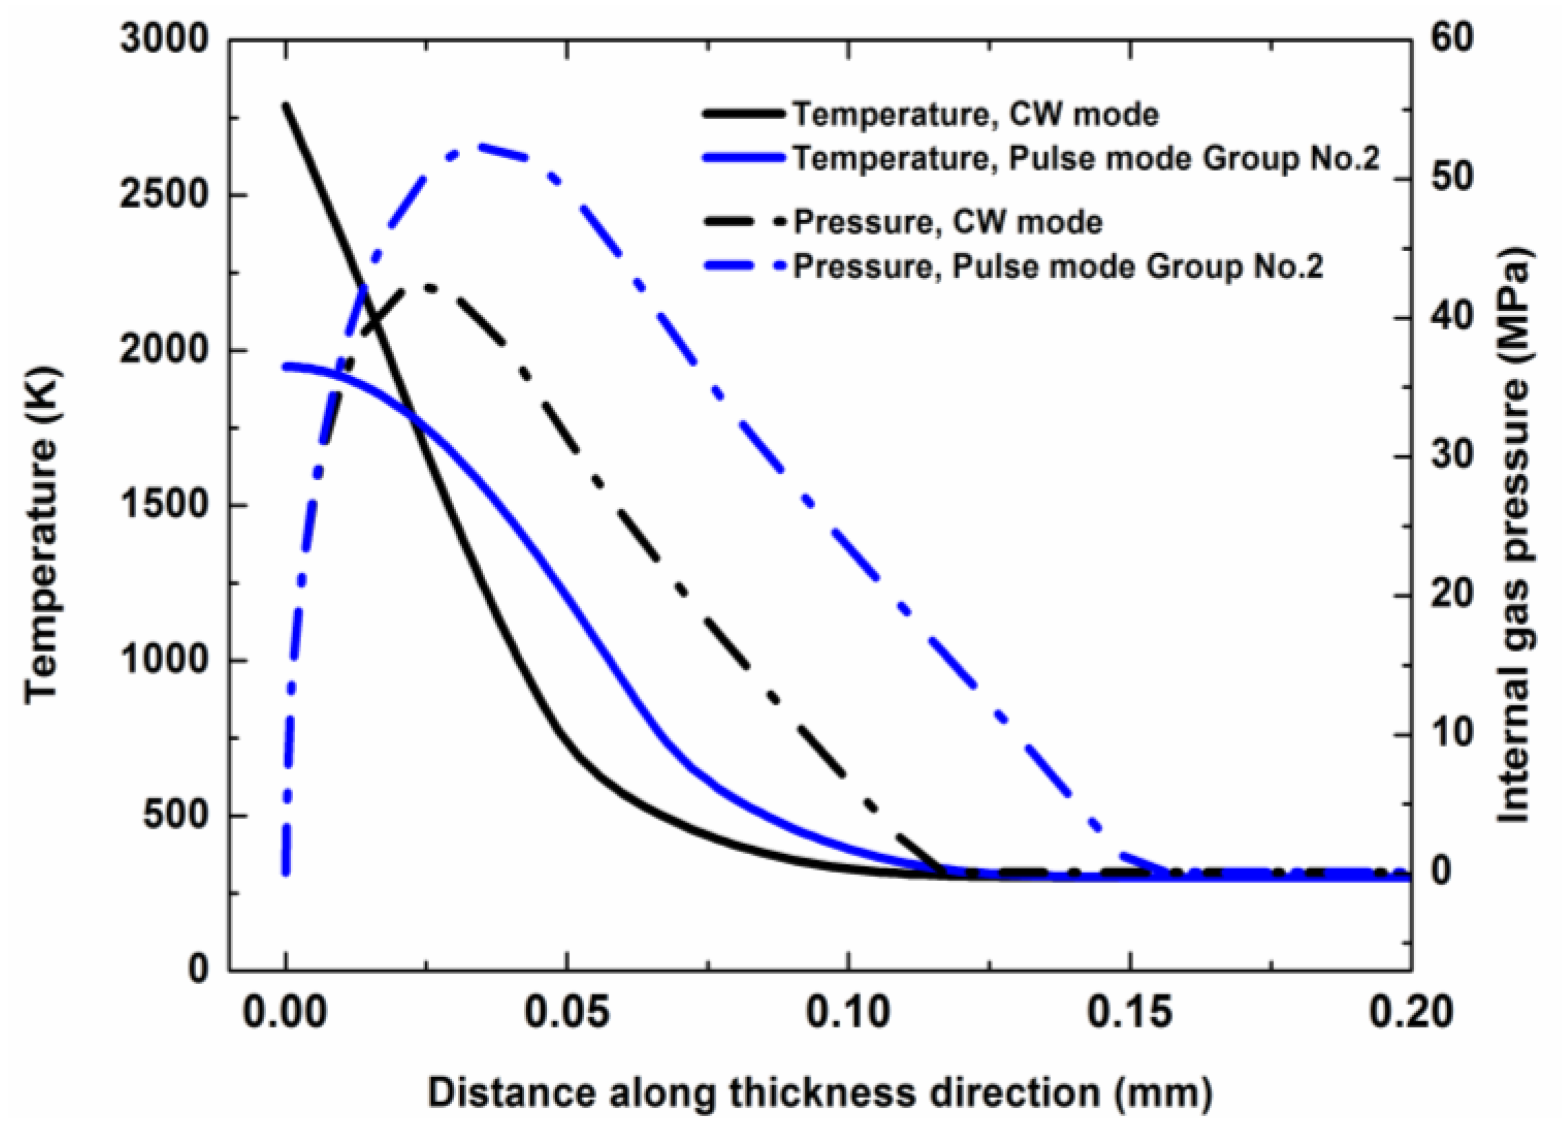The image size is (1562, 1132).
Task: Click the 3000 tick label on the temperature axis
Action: [x=164, y=40]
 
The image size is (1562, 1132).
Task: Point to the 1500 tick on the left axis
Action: [x=164, y=505]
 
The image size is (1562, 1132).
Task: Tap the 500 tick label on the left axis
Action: [x=175, y=815]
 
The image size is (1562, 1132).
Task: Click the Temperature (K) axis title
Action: [x=43, y=504]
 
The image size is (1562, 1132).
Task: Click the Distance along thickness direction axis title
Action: [x=820, y=1093]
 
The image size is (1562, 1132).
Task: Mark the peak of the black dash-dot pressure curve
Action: [x=429, y=287]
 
